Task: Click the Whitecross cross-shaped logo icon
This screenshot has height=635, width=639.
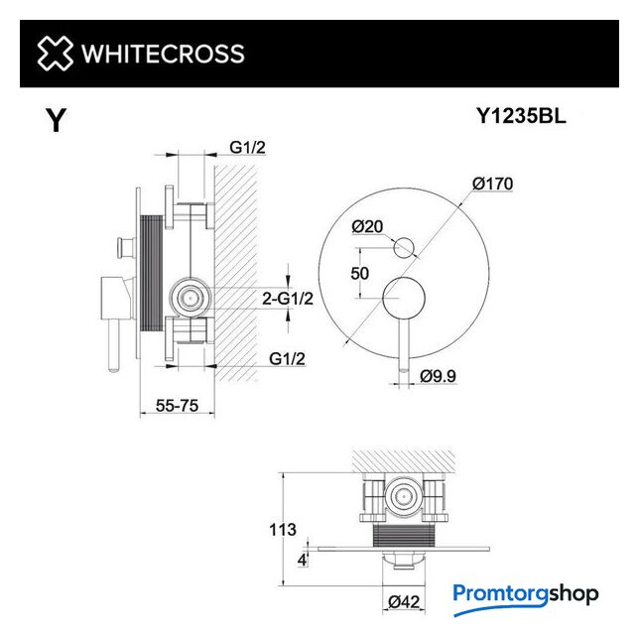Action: click(55, 53)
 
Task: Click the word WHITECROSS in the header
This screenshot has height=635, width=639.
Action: click(163, 54)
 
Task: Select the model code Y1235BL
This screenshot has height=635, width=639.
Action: click(521, 116)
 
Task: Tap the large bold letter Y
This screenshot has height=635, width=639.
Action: click(57, 120)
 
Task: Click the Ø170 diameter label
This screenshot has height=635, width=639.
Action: click(493, 184)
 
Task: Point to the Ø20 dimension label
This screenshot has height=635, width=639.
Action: click(367, 226)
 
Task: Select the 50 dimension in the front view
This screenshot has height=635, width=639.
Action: click(360, 274)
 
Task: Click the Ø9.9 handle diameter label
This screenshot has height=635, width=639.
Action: click(439, 376)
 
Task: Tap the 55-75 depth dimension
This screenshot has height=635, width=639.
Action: click(177, 406)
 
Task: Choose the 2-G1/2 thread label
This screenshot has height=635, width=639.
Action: click(288, 299)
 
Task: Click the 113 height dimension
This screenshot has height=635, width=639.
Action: click(283, 530)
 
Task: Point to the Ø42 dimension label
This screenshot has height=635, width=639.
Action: click(404, 602)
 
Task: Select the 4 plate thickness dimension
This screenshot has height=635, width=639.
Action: click(302, 560)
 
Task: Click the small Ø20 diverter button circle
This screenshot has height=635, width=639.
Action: click(404, 247)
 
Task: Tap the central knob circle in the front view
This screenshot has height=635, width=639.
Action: click(404, 298)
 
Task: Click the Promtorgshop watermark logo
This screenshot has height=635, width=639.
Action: click(526, 598)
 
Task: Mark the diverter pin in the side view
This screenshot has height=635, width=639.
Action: click(125, 247)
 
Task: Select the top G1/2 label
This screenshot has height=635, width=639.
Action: click(247, 147)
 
